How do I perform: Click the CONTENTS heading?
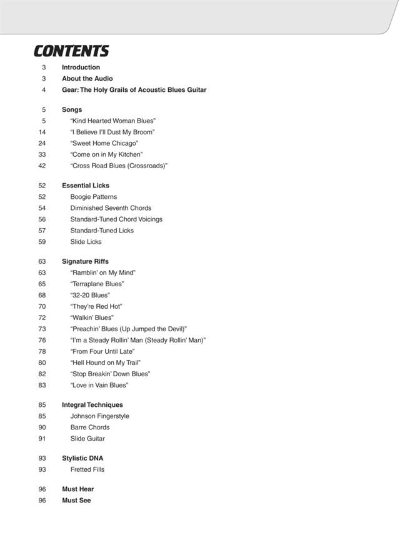click(x=71, y=51)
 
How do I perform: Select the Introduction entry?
click(x=81, y=67)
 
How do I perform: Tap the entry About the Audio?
click(x=87, y=79)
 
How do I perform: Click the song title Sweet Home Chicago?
click(x=104, y=143)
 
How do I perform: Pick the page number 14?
click(x=42, y=132)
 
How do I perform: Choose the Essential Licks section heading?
click(x=86, y=186)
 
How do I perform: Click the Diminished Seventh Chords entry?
click(x=111, y=208)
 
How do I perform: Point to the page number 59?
click(x=42, y=242)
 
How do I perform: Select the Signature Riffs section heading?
click(x=85, y=261)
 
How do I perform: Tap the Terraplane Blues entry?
click(x=97, y=284)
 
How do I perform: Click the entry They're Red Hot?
click(x=96, y=306)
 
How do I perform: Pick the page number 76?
click(x=42, y=340)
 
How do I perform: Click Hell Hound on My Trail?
click(x=106, y=362)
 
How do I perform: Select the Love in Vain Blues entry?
click(x=99, y=385)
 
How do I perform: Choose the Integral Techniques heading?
click(x=92, y=405)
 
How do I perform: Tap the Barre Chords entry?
click(x=90, y=427)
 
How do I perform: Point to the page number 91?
click(x=42, y=439)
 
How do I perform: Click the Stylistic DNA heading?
click(x=82, y=458)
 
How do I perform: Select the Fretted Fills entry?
click(x=87, y=469)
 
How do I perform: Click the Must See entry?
click(x=76, y=501)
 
